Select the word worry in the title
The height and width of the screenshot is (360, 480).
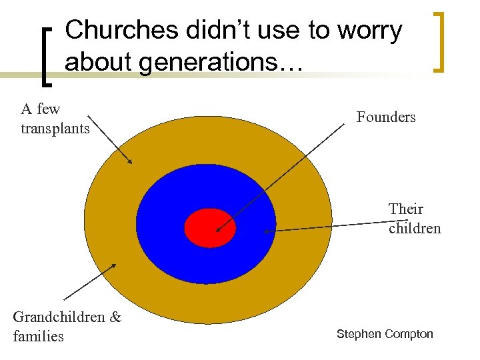click(x=369, y=31)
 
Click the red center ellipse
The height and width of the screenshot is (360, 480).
click(x=210, y=227)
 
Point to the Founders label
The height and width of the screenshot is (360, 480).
click(x=386, y=117)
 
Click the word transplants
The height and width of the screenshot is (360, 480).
click(x=55, y=128)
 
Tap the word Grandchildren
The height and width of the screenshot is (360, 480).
click(x=59, y=317)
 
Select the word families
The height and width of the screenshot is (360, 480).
click(x=38, y=336)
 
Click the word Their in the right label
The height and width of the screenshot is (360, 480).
click(x=406, y=209)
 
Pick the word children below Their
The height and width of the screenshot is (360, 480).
click(x=415, y=228)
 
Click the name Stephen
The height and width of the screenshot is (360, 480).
click(x=359, y=334)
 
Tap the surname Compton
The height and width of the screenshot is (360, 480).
click(x=409, y=334)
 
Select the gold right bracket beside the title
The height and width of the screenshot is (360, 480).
click(x=439, y=41)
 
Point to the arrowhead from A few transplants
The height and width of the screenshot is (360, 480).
click(x=131, y=161)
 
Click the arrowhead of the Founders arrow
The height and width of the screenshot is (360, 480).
click(x=217, y=231)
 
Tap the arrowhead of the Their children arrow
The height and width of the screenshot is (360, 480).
click(x=266, y=231)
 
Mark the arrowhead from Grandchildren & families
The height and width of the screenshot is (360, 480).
click(x=114, y=266)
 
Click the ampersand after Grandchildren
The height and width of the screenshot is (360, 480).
click(x=115, y=317)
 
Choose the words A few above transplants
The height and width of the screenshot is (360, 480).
click(x=40, y=109)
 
